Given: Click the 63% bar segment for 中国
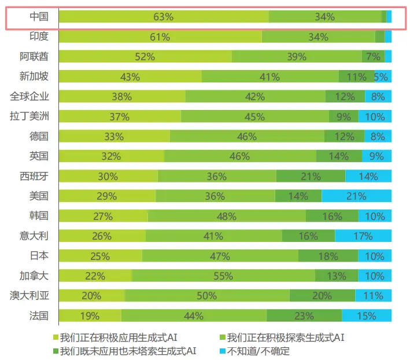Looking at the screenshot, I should click(164, 17).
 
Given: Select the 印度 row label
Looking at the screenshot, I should click(39, 36).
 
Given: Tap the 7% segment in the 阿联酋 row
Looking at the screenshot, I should click(373, 57).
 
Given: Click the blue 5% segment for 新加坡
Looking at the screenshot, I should click(381, 76).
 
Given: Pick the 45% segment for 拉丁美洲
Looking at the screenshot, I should click(254, 116).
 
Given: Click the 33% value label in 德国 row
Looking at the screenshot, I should click(114, 137).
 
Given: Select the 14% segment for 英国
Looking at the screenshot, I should click(339, 156).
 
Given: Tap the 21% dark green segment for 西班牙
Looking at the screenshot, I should click(311, 176).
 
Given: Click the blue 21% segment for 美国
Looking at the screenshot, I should click(356, 196).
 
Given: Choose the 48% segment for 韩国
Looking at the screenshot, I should click(227, 216).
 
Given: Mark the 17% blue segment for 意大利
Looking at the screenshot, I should click(363, 236).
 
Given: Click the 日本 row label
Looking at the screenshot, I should click(39, 255).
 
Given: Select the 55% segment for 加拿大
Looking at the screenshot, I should click(223, 275).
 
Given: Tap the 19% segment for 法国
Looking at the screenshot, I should click(90, 315).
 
